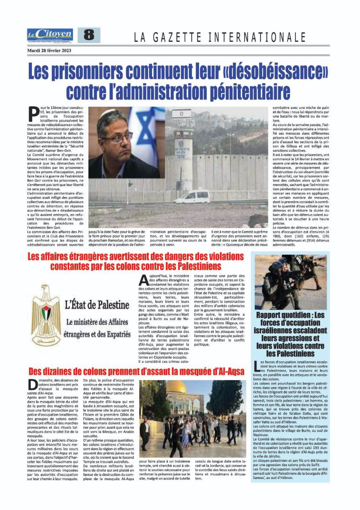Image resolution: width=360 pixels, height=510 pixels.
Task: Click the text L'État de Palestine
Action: pyautogui.click(x=97, y=306)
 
